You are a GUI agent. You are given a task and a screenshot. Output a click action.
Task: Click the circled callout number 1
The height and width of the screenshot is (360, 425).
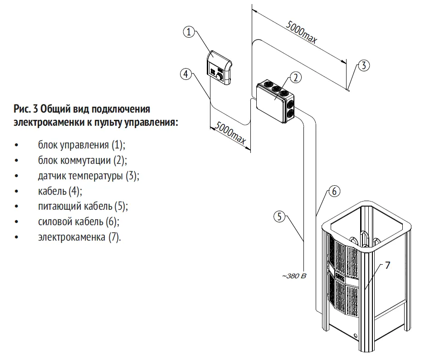189,32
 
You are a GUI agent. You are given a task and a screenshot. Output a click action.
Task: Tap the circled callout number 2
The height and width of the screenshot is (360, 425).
295,77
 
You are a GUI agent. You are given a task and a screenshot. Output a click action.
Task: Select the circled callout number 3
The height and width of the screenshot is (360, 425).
364,65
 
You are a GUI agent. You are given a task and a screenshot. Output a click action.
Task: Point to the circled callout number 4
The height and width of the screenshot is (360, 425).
185,74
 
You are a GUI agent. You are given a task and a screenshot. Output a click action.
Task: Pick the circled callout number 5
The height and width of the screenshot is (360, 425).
280,216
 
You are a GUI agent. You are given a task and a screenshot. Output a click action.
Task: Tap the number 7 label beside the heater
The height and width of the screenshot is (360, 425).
387,266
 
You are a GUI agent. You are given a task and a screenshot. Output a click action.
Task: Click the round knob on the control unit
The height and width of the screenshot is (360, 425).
220,77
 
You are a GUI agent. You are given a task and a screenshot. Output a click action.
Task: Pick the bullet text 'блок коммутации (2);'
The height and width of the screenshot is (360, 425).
83,161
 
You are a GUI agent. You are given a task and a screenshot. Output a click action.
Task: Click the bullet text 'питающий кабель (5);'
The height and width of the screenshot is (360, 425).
83,207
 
